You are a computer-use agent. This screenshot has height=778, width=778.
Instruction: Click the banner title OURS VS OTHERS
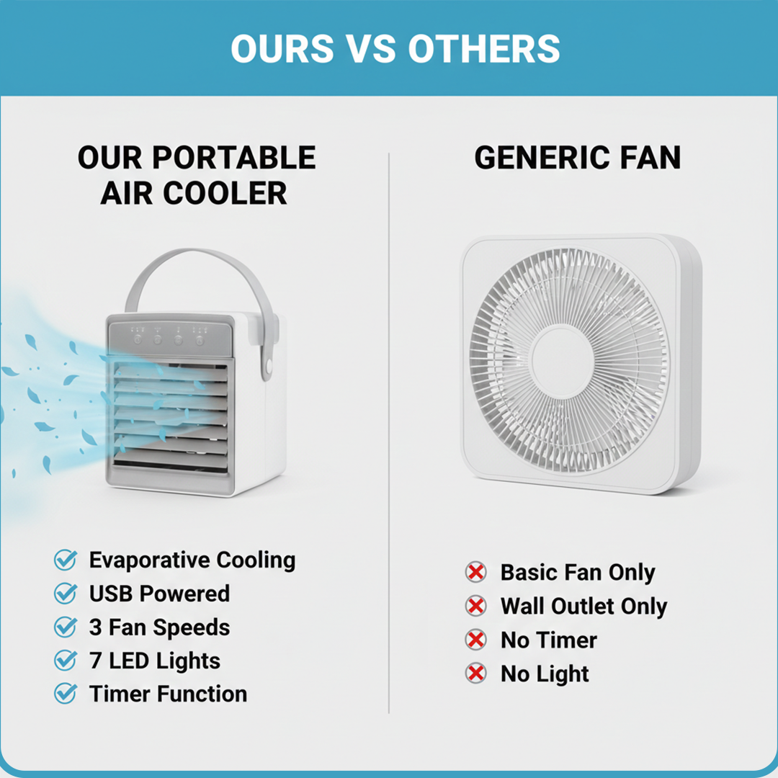coord(395,48)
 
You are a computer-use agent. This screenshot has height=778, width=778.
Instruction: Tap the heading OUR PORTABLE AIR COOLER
coord(196,175)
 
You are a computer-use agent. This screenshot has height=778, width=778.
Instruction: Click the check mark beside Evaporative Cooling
coord(66,560)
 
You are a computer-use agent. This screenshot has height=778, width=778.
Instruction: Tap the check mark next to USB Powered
coord(66,594)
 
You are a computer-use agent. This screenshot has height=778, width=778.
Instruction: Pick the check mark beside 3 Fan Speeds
coord(66,627)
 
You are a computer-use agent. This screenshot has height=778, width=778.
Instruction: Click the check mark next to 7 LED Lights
coord(66,661)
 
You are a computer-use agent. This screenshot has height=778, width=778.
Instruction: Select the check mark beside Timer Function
coord(66,694)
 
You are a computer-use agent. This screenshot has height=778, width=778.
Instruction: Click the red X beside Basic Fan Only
coord(475,573)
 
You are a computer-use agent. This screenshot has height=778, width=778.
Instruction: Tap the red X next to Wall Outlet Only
coord(475,607)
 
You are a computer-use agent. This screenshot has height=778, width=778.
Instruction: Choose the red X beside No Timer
coord(475,640)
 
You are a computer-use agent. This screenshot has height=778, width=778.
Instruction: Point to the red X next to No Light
coord(475,674)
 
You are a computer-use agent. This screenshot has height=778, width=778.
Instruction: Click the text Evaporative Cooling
coord(192,560)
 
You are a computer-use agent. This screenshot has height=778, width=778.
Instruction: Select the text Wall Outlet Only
coord(583,607)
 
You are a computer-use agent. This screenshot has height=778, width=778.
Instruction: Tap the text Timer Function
coord(168,694)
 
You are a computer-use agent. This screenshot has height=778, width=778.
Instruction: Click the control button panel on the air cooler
coord(170,336)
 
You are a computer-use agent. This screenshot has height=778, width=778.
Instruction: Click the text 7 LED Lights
coord(154,661)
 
